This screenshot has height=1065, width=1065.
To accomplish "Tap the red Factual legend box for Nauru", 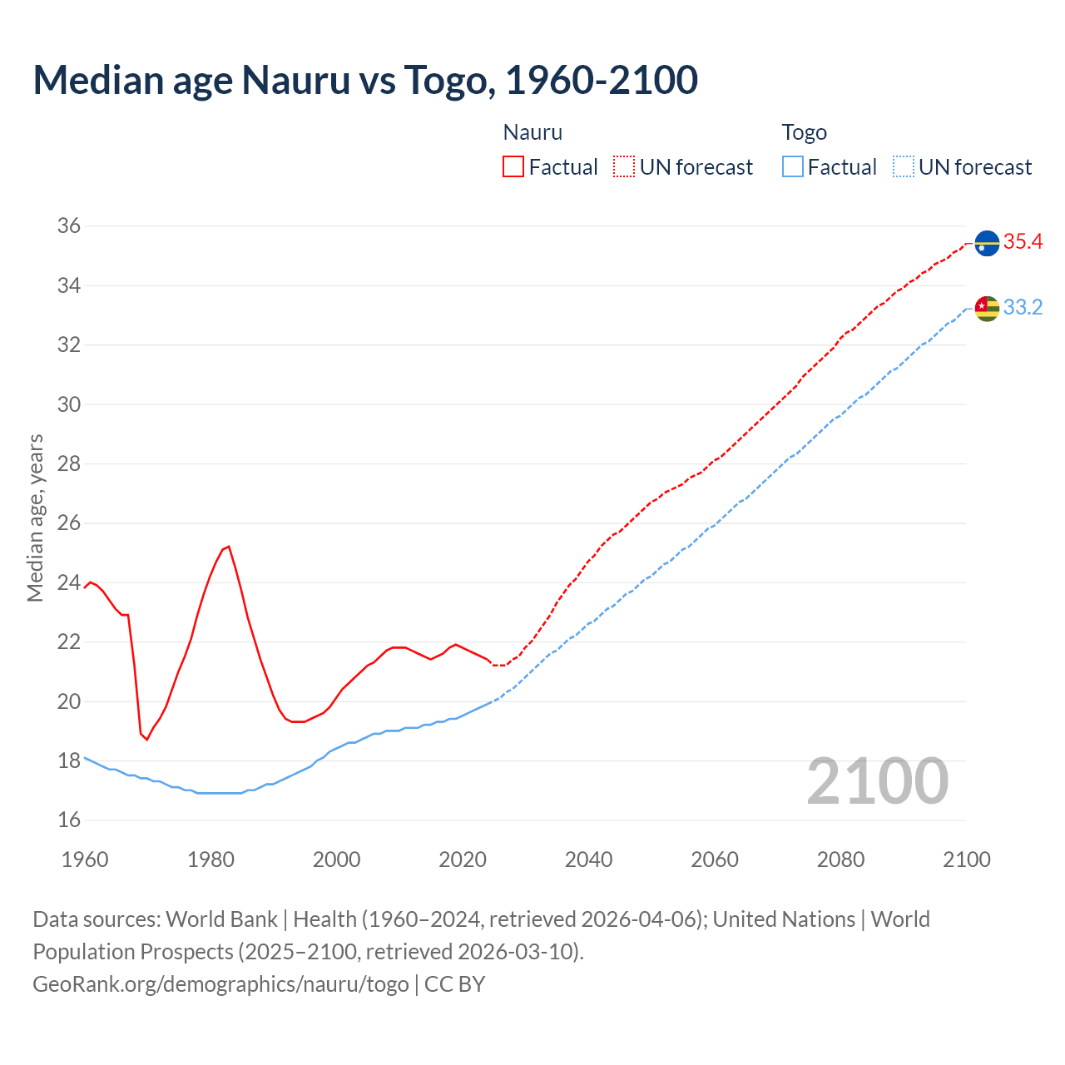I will click(x=513, y=166).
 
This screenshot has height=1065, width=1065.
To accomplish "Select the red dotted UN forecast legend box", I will click(x=624, y=166).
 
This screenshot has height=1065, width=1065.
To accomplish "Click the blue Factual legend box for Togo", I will click(x=793, y=166).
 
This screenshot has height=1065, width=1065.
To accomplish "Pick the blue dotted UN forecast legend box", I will click(x=904, y=166).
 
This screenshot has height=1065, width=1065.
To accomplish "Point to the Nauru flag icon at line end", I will click(x=987, y=243).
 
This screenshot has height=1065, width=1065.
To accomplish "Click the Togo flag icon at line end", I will click(x=987, y=308).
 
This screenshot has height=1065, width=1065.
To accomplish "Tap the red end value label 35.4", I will click(x=1023, y=242).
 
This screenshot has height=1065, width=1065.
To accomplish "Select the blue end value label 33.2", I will click(x=1023, y=308).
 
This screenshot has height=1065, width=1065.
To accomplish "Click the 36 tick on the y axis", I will click(x=69, y=225).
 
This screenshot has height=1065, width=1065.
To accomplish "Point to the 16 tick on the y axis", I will click(x=69, y=820).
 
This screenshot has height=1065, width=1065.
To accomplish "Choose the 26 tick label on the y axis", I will click(x=69, y=523).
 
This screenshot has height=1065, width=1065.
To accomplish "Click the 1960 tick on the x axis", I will click(x=85, y=859).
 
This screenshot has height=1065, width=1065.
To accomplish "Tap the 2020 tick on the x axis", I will click(x=463, y=859).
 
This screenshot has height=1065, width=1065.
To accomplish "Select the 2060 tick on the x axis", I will click(x=715, y=859).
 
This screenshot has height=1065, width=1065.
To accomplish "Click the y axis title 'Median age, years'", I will click(x=35, y=518).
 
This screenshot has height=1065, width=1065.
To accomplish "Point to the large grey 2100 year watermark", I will click(x=878, y=781).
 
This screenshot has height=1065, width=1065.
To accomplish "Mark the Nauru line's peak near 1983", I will click(x=228, y=547).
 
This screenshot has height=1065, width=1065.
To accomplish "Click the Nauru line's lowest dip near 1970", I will click(x=146, y=739).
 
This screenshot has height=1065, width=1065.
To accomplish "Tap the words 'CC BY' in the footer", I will click(x=454, y=984).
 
